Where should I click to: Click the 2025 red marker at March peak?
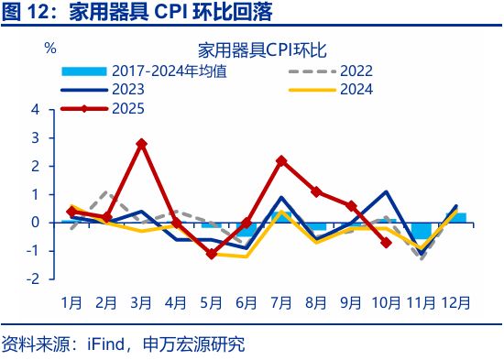pyautogui.click(x=141, y=144)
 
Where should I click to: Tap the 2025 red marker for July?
pyautogui.click(x=281, y=160)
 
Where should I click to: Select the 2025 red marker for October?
pyautogui.click(x=386, y=243)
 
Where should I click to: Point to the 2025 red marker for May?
pyautogui.click(x=211, y=254)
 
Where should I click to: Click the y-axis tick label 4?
pyautogui.click(x=35, y=109)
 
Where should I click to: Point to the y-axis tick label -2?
pyautogui.click(x=33, y=279)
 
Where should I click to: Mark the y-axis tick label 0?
pyautogui.click(x=35, y=223)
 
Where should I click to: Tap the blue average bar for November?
pyautogui.click(x=421, y=230)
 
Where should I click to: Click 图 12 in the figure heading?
pyautogui.click(x=26, y=13)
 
